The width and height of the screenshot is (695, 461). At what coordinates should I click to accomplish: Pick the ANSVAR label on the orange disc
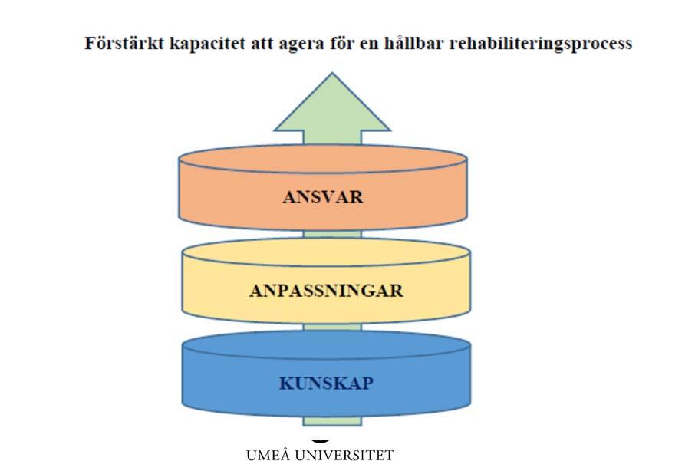click(x=323, y=197)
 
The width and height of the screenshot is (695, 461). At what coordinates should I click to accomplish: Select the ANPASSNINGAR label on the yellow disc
click(x=326, y=291)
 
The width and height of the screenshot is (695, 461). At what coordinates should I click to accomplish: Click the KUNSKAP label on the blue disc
click(x=326, y=384)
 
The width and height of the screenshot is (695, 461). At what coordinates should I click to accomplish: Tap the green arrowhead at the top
click(x=332, y=107)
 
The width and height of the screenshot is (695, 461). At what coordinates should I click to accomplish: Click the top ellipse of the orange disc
click(x=323, y=159)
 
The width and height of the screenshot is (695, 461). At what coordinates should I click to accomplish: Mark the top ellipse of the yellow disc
click(x=326, y=252)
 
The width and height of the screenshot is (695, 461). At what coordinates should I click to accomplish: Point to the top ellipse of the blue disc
click(x=326, y=345)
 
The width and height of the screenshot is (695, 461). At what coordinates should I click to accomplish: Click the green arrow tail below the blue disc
click(x=332, y=421)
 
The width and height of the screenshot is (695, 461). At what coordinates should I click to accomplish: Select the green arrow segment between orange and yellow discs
click(x=332, y=234)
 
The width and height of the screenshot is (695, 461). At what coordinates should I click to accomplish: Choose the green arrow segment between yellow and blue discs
click(x=332, y=327)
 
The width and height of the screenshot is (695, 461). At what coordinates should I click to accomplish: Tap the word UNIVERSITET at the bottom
click(x=344, y=455)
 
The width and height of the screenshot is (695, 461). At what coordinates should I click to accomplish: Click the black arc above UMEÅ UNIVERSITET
click(x=320, y=440)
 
